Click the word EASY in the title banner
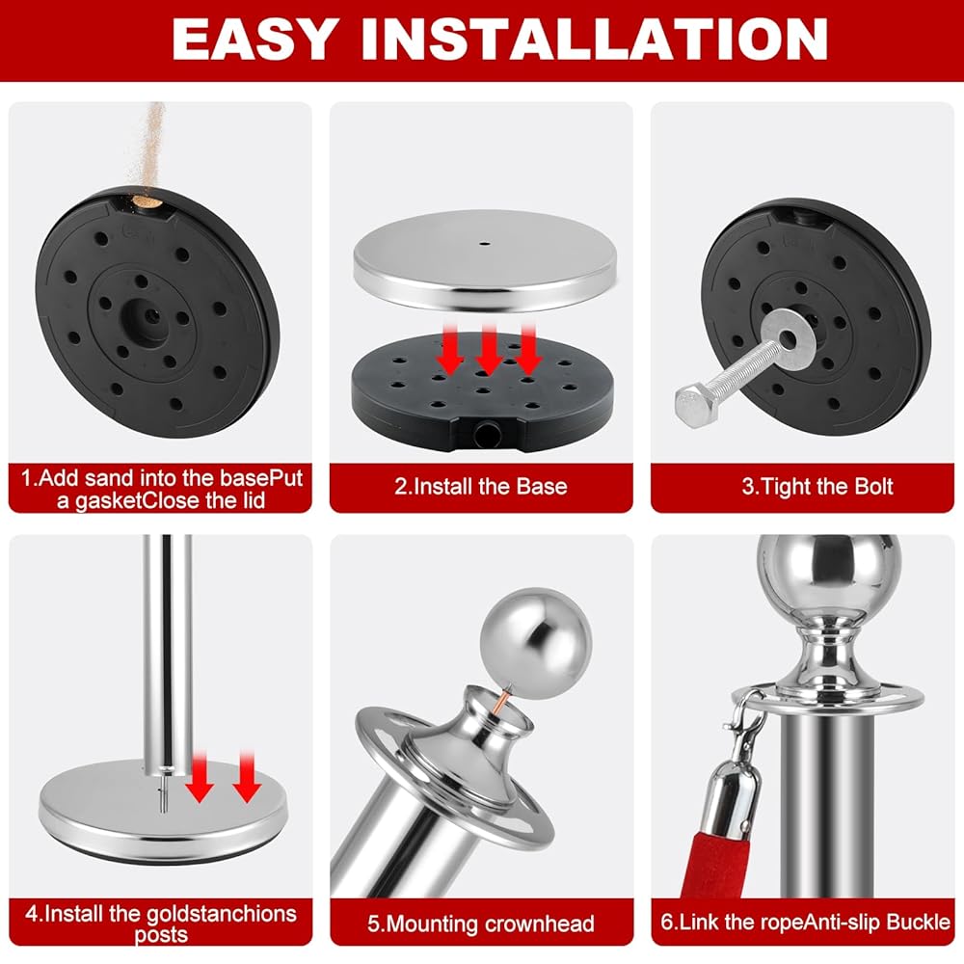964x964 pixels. pyautogui.click(x=255, y=39)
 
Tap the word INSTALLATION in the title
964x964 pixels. pyautogui.click(x=595, y=39)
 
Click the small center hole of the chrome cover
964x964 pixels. pyautogui.click(x=485, y=244)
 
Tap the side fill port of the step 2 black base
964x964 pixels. pyautogui.click(x=487, y=434)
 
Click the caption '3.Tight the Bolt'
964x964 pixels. pyautogui.click(x=817, y=487)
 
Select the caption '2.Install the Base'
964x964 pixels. pyautogui.click(x=481, y=487)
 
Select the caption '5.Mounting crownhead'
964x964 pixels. pyautogui.click(x=481, y=924)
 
